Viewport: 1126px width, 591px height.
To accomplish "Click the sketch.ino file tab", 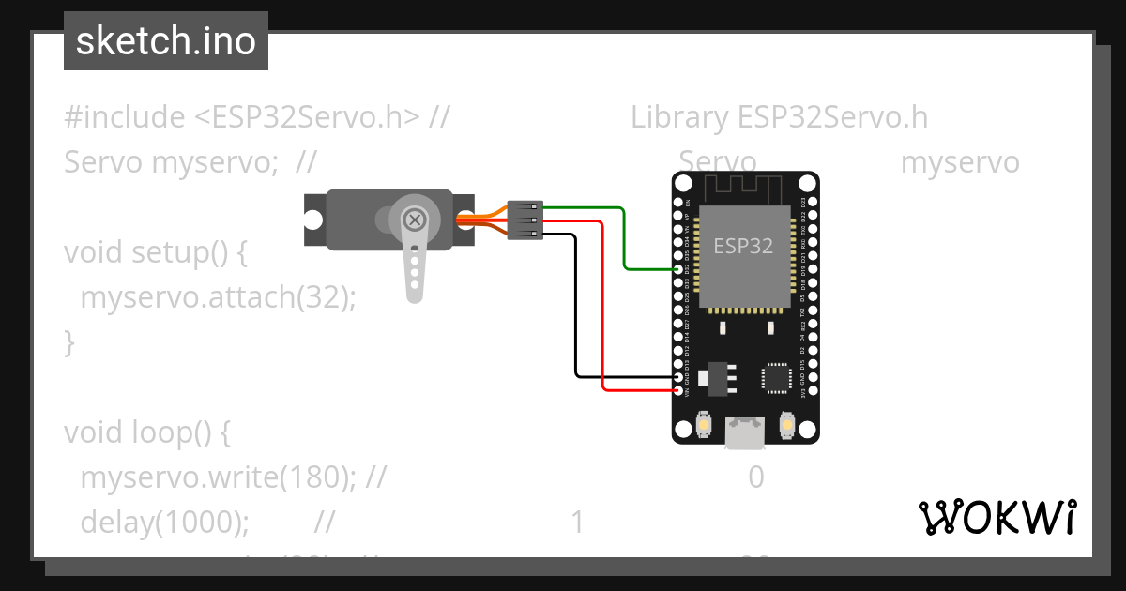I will click(165, 41).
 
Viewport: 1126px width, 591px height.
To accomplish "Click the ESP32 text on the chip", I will click(743, 247).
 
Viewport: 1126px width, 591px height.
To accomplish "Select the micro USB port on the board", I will click(745, 433).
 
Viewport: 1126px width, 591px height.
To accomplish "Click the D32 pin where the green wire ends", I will click(679, 269).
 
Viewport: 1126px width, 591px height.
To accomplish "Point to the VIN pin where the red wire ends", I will click(679, 390).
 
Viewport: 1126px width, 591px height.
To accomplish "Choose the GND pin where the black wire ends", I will click(679, 378).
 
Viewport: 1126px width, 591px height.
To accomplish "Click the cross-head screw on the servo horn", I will click(414, 220).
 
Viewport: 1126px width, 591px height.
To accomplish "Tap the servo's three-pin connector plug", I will click(525, 220).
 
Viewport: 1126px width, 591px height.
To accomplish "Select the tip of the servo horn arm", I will click(414, 292).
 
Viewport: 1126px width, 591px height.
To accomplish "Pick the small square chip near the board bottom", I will click(776, 378).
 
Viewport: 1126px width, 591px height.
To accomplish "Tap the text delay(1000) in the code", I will click(164, 522).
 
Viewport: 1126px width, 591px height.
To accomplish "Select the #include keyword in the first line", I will click(125, 117).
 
